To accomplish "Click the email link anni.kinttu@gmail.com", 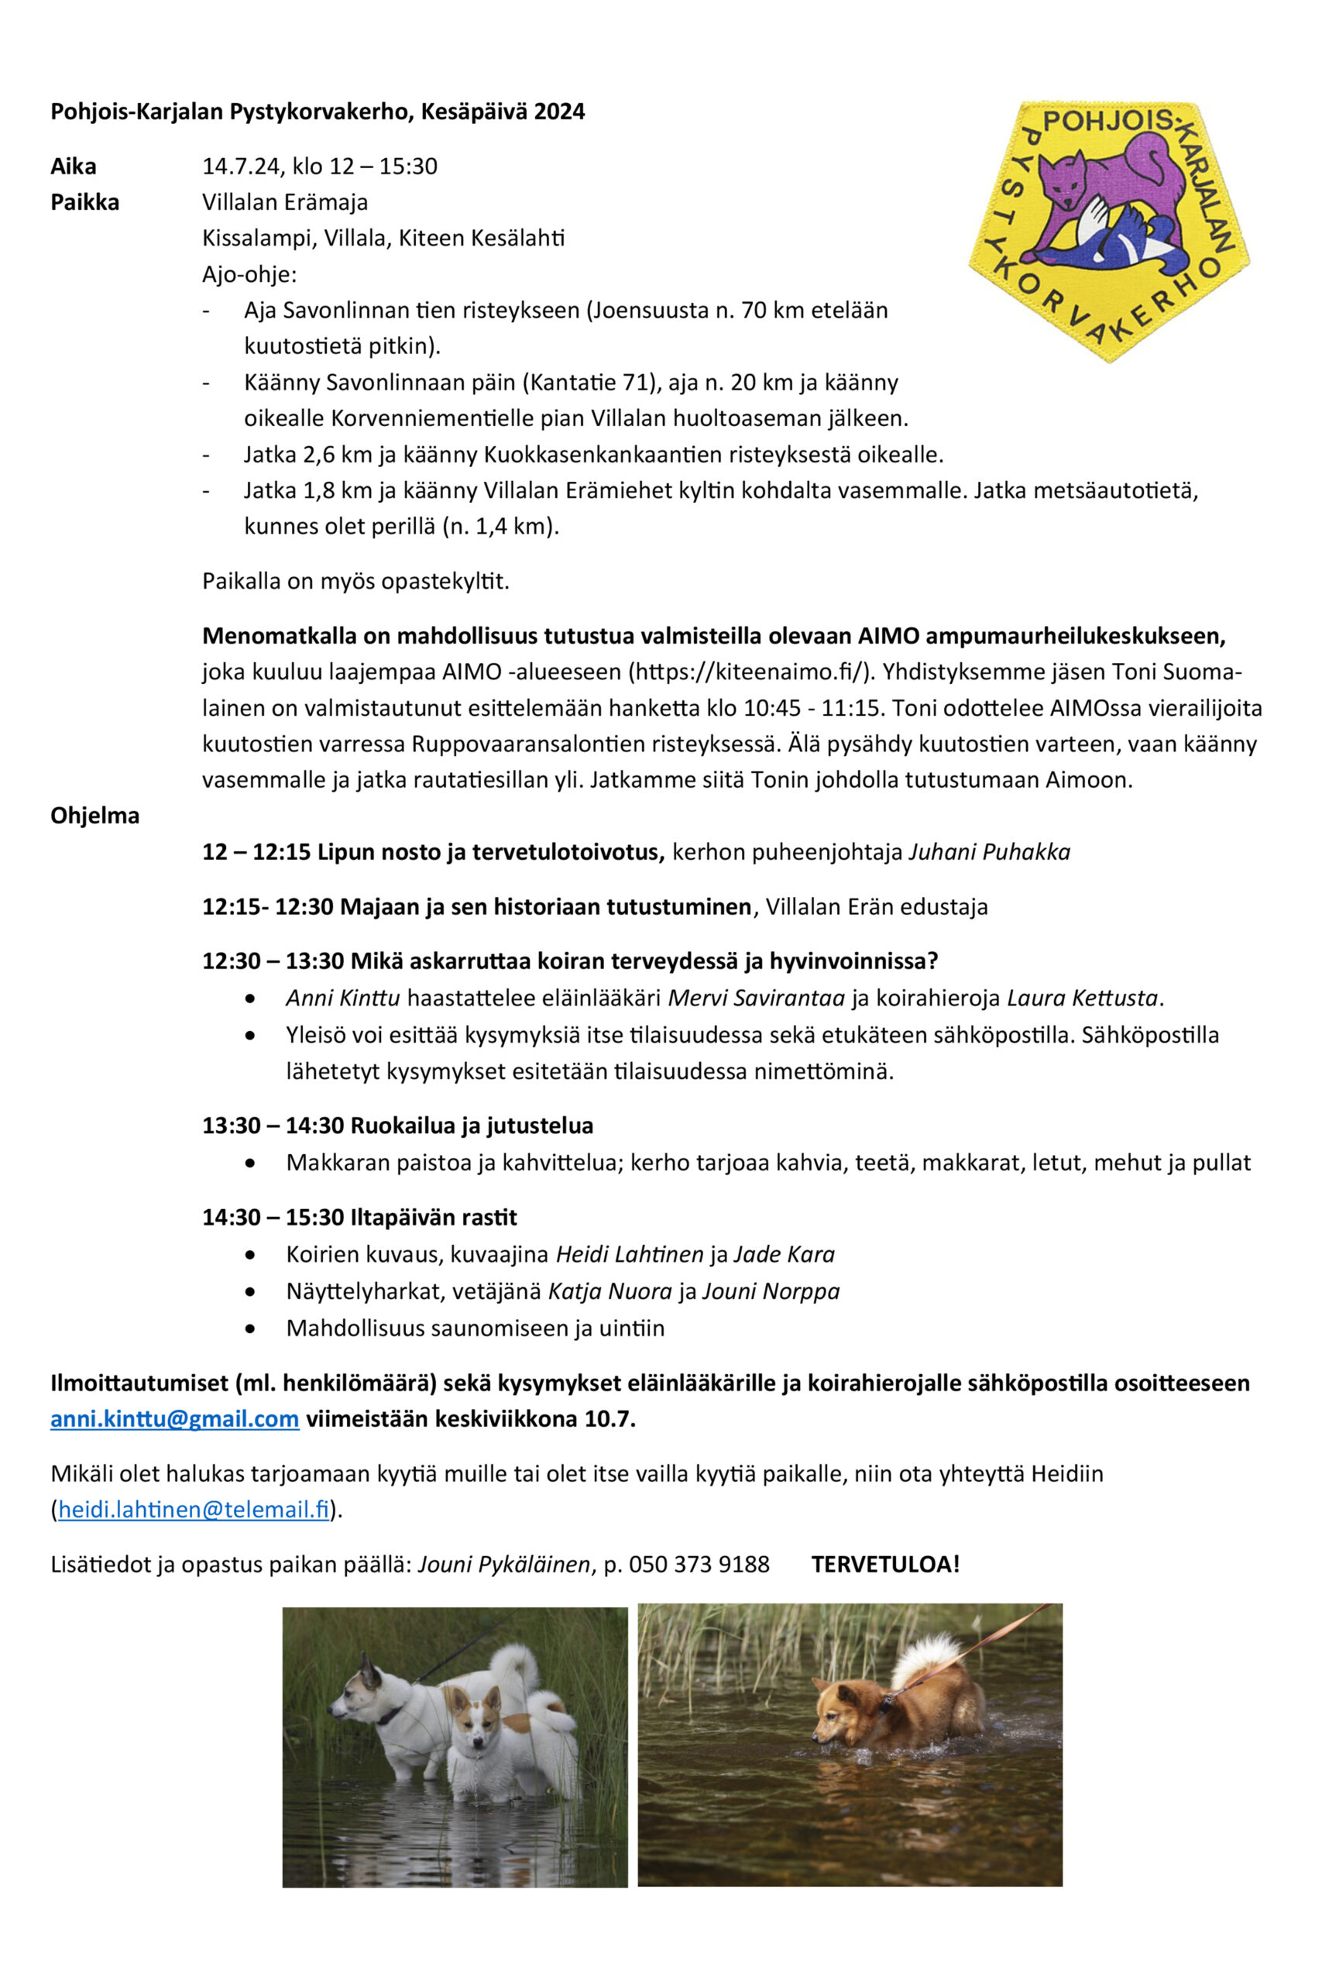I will tap(174, 1419).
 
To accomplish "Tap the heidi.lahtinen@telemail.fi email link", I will tap(193, 1510).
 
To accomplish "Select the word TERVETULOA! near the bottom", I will tap(885, 1565).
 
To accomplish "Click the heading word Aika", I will tap(74, 166).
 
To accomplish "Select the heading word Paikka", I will tap(85, 202).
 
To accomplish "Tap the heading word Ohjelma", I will tap(95, 816).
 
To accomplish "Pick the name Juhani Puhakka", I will tap(989, 852).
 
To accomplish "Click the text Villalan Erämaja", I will tap(285, 202).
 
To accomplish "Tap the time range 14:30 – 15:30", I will tap(273, 1218).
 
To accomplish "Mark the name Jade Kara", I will tap(784, 1255).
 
